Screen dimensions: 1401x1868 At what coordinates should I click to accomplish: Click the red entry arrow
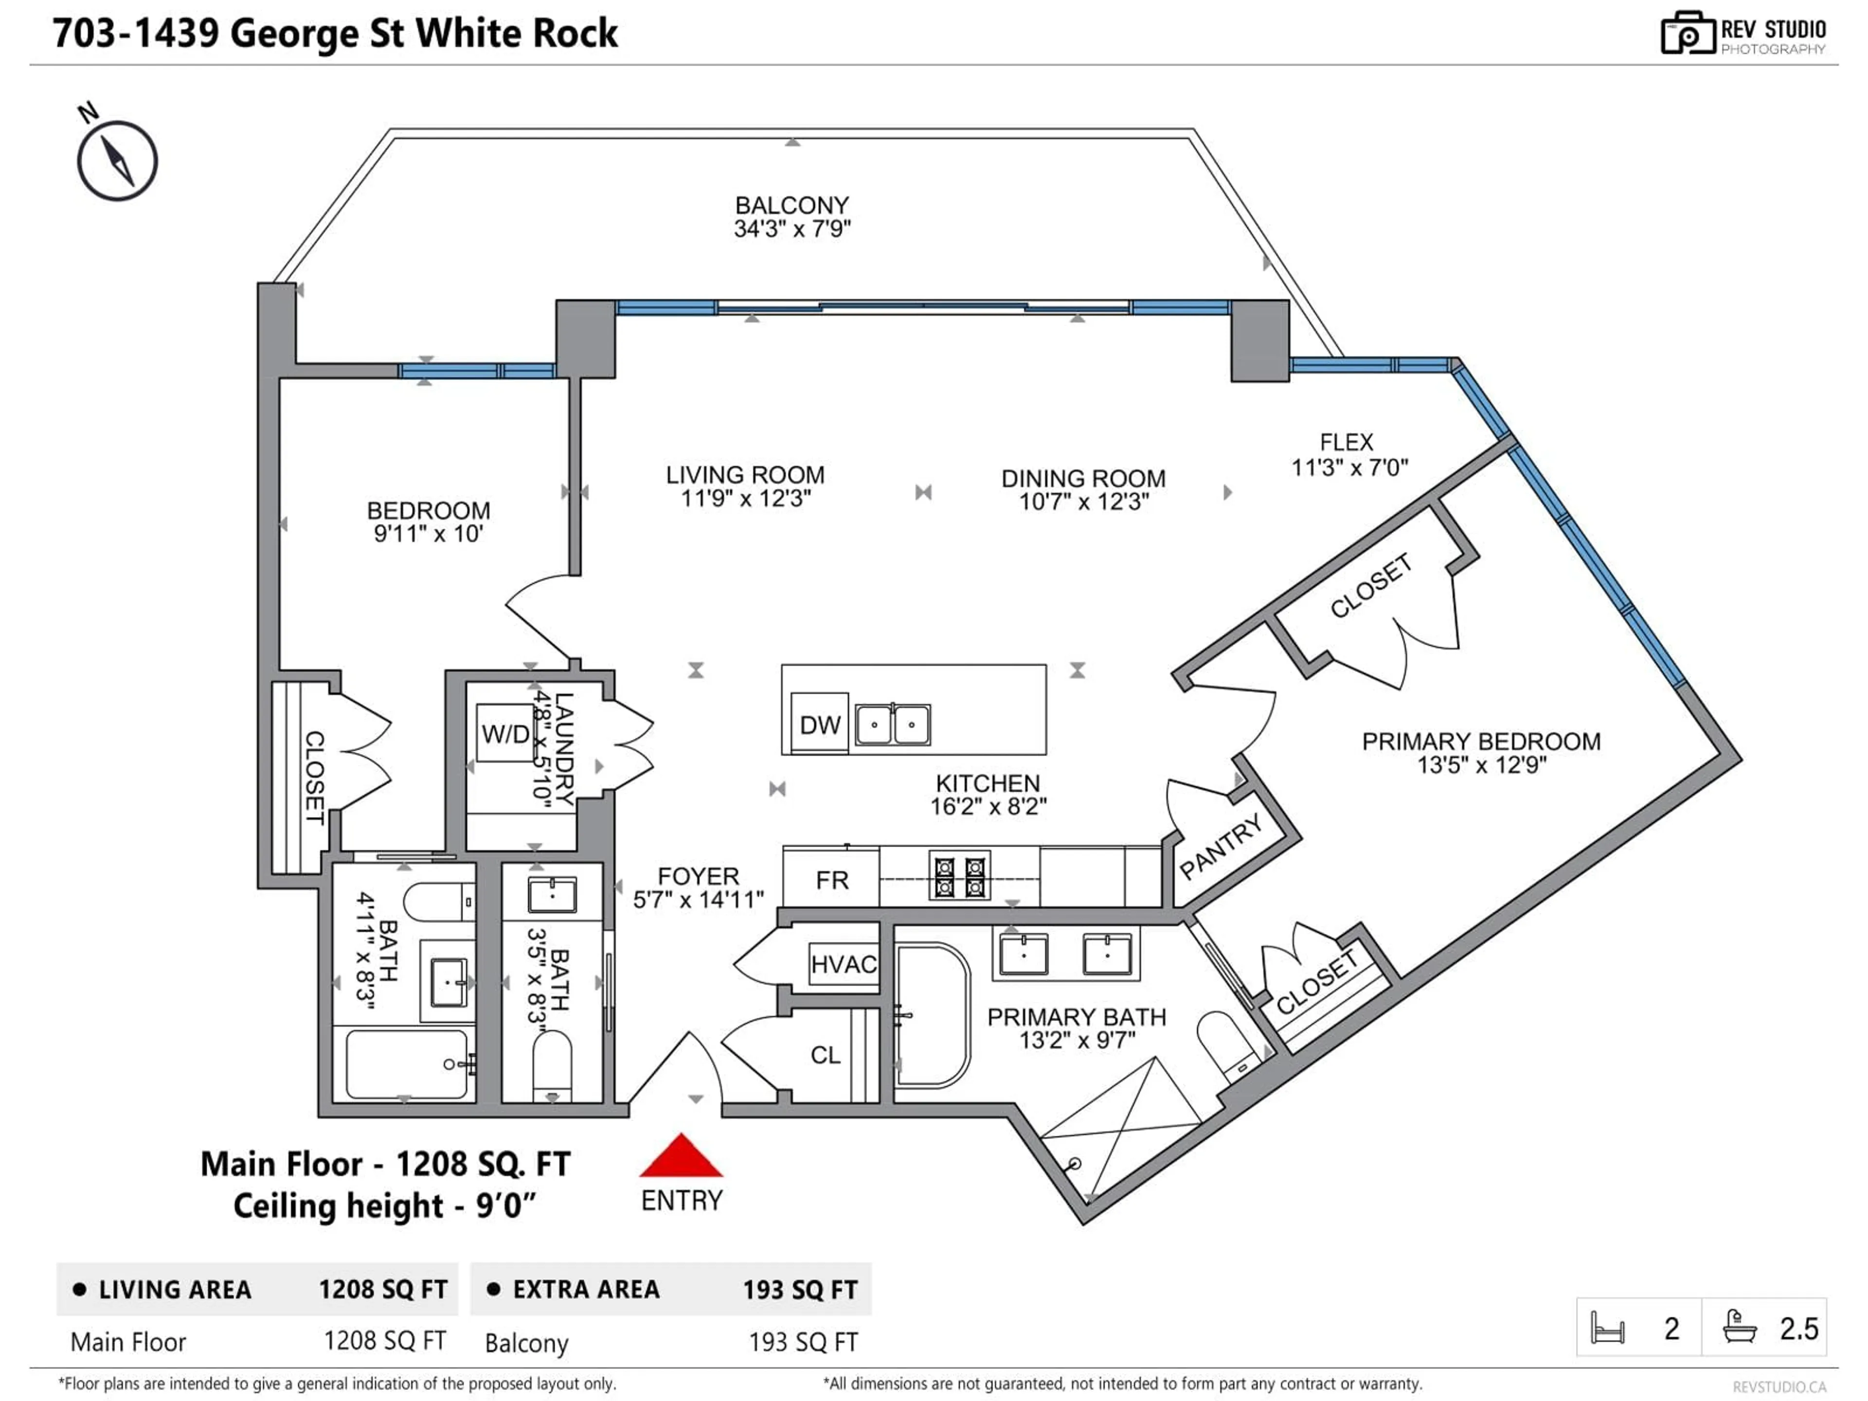681,1157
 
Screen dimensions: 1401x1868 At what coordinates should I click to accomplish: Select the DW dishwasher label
819,724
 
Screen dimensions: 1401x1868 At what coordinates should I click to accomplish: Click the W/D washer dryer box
505,733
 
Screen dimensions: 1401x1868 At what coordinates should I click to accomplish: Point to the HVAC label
843,964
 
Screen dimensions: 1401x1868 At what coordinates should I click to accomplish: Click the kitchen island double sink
893,724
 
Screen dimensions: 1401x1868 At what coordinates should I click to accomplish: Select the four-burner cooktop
959,877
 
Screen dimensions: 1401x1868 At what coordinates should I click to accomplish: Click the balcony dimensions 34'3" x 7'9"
792,229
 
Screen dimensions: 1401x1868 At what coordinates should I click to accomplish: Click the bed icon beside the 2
1607,1329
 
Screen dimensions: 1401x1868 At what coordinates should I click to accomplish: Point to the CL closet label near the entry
825,1055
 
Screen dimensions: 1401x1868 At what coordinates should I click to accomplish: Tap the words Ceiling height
338,1206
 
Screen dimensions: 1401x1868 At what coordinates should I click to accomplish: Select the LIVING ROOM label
745,475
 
